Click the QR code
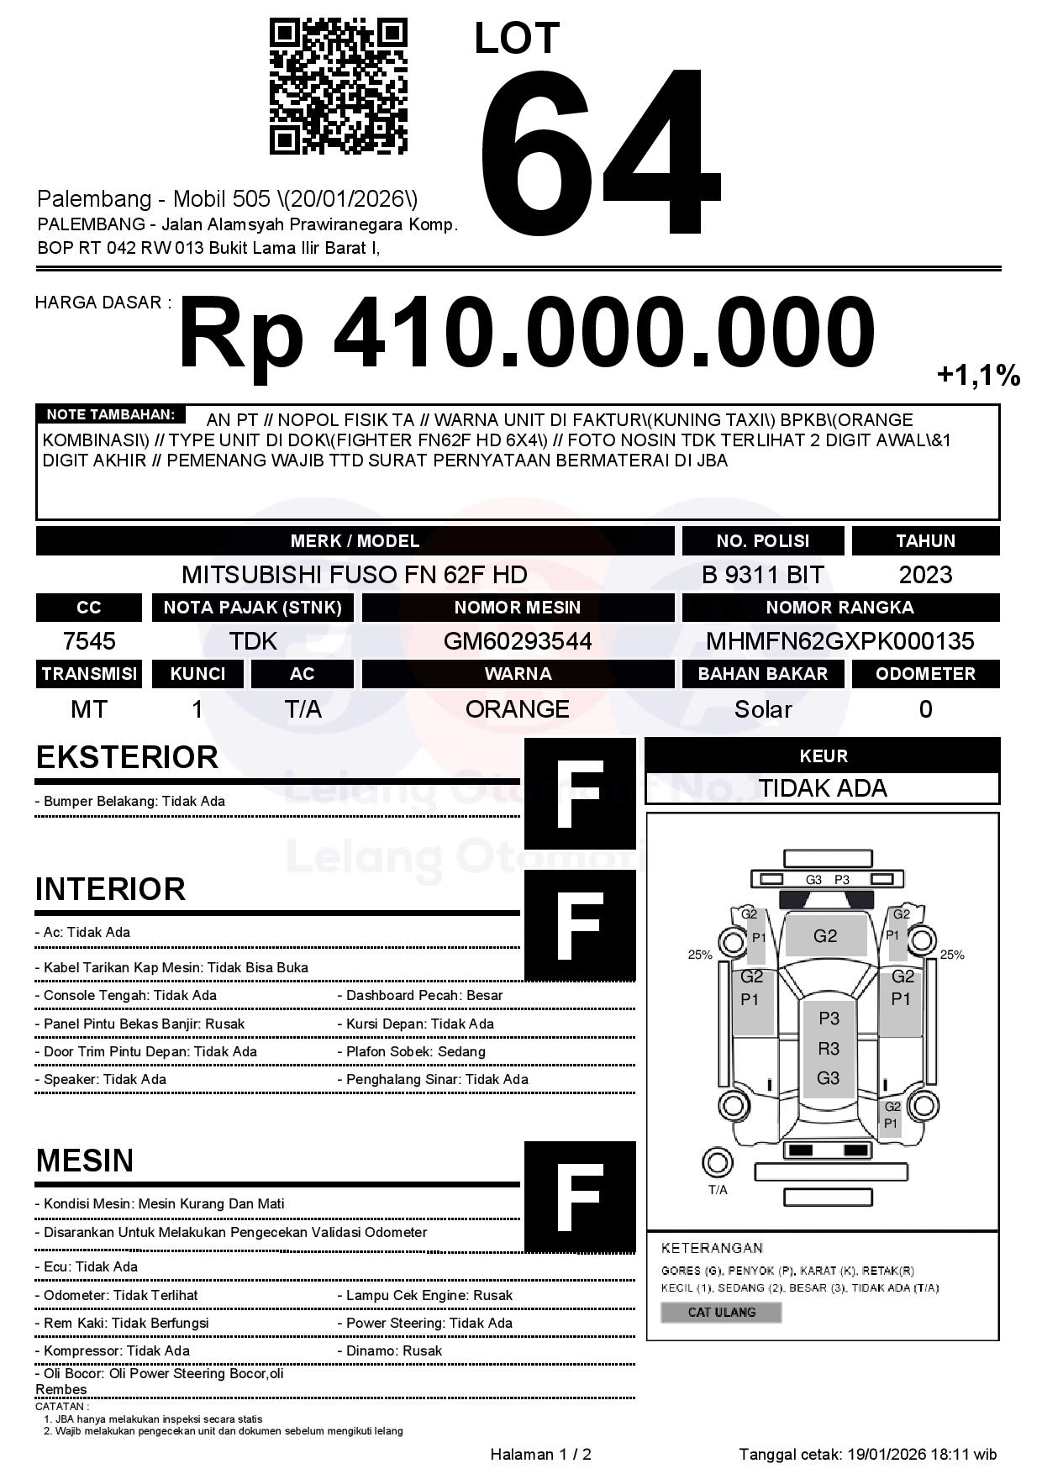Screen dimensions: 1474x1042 (x=338, y=87)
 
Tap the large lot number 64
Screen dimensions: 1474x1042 (x=599, y=152)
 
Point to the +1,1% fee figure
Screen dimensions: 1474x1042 (x=978, y=375)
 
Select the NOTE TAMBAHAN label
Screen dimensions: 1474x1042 (x=110, y=414)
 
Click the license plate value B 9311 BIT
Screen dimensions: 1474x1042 (x=762, y=575)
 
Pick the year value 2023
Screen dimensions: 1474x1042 (x=925, y=575)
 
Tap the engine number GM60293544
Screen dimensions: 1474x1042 (x=518, y=642)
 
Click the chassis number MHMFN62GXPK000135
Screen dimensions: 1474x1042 (x=839, y=642)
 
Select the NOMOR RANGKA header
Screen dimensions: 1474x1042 (x=839, y=608)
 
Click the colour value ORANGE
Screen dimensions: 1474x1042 (x=518, y=709)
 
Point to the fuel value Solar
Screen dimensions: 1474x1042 (x=762, y=709)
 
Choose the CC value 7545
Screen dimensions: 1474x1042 (x=89, y=642)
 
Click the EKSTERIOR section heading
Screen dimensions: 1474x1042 (x=127, y=757)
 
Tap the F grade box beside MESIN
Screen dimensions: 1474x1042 (x=580, y=1197)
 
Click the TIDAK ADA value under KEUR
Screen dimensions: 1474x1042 (x=823, y=788)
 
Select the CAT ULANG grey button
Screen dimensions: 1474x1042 (x=721, y=1312)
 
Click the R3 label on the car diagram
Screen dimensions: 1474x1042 (x=829, y=1048)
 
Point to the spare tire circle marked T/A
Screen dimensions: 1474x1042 (x=717, y=1163)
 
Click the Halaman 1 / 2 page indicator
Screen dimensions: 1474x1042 (x=540, y=1454)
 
